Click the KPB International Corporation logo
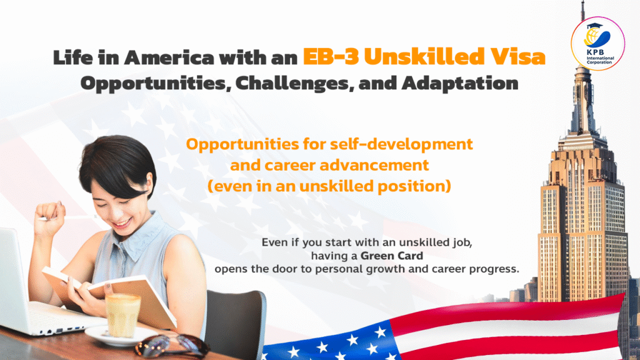597,44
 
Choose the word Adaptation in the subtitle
460,83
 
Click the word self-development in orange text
401,144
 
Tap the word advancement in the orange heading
374,165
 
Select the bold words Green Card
391,256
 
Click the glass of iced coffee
122,315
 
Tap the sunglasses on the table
172,347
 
